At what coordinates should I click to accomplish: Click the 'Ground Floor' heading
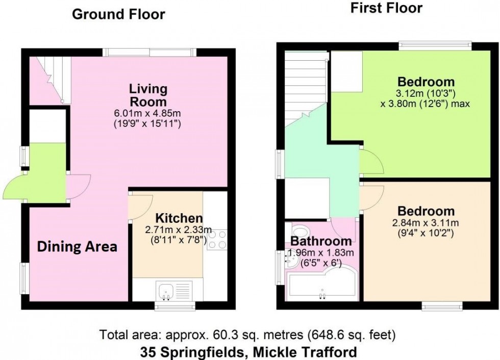click(x=118, y=14)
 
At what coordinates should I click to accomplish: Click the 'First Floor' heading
click(x=386, y=8)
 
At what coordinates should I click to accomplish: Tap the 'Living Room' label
click(x=148, y=95)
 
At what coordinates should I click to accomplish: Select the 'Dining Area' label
click(x=78, y=247)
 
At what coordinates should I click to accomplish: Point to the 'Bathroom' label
click(x=321, y=241)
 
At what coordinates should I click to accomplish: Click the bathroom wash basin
click(x=292, y=262)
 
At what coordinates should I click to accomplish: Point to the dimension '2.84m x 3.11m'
click(x=427, y=223)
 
